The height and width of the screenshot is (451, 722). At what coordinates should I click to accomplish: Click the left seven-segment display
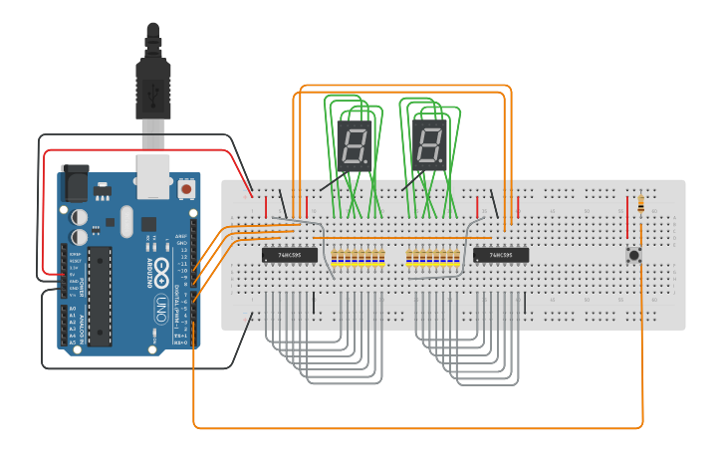point(354,146)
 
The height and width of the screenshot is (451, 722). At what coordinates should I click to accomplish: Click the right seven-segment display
point(429,146)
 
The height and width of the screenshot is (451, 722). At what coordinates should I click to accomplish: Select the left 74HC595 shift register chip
point(290,255)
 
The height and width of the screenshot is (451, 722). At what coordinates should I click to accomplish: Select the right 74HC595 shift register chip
point(500,255)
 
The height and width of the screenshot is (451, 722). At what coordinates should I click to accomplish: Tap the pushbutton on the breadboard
point(632,255)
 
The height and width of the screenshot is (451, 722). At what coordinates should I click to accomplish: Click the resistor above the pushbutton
point(639,204)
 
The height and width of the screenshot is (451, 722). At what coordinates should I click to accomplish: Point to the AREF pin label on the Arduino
point(182,235)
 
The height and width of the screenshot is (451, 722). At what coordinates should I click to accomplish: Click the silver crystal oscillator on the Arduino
point(124,220)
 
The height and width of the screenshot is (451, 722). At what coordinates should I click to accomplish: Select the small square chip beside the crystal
point(148,224)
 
